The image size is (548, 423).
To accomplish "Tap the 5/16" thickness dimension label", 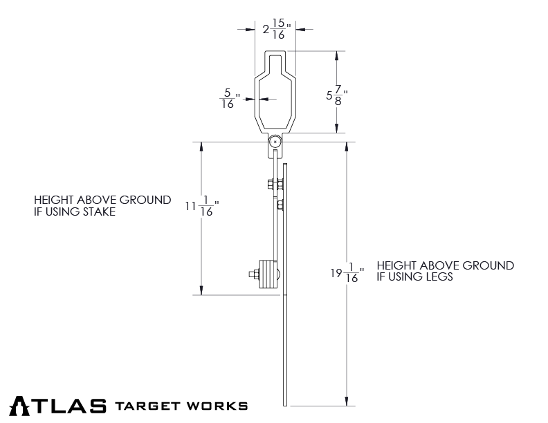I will coord(229,98).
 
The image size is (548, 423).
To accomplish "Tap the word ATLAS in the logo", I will coord(59,406).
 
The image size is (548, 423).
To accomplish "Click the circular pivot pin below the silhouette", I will coord(275,142).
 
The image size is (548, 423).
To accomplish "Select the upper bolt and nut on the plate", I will coord(276,185).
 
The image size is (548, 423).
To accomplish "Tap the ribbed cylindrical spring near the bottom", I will coord(266,274).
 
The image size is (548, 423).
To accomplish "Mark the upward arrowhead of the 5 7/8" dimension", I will coord(337,55).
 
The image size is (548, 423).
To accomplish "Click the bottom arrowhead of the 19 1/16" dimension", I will coord(345,401).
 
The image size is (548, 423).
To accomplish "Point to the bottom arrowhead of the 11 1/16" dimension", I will coord(201,290).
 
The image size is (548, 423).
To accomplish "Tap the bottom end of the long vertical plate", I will coord(285,404).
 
